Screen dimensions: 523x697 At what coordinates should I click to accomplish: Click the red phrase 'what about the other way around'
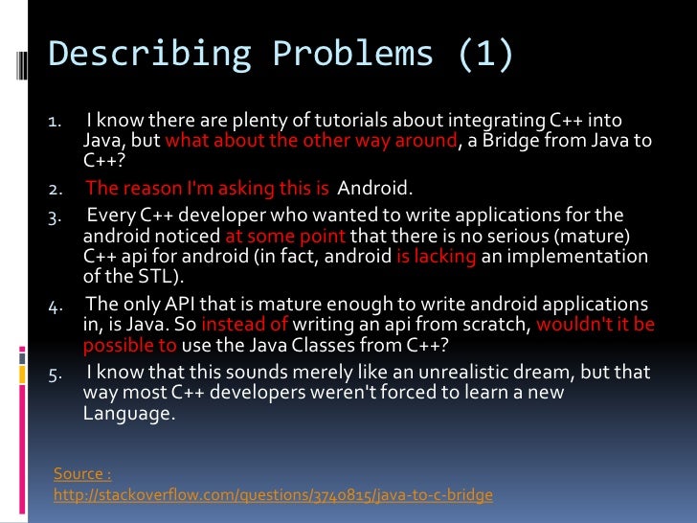[310, 141]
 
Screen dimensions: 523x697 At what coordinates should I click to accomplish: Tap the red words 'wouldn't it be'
[596, 325]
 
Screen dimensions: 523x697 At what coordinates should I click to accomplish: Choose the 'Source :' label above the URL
[82, 473]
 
